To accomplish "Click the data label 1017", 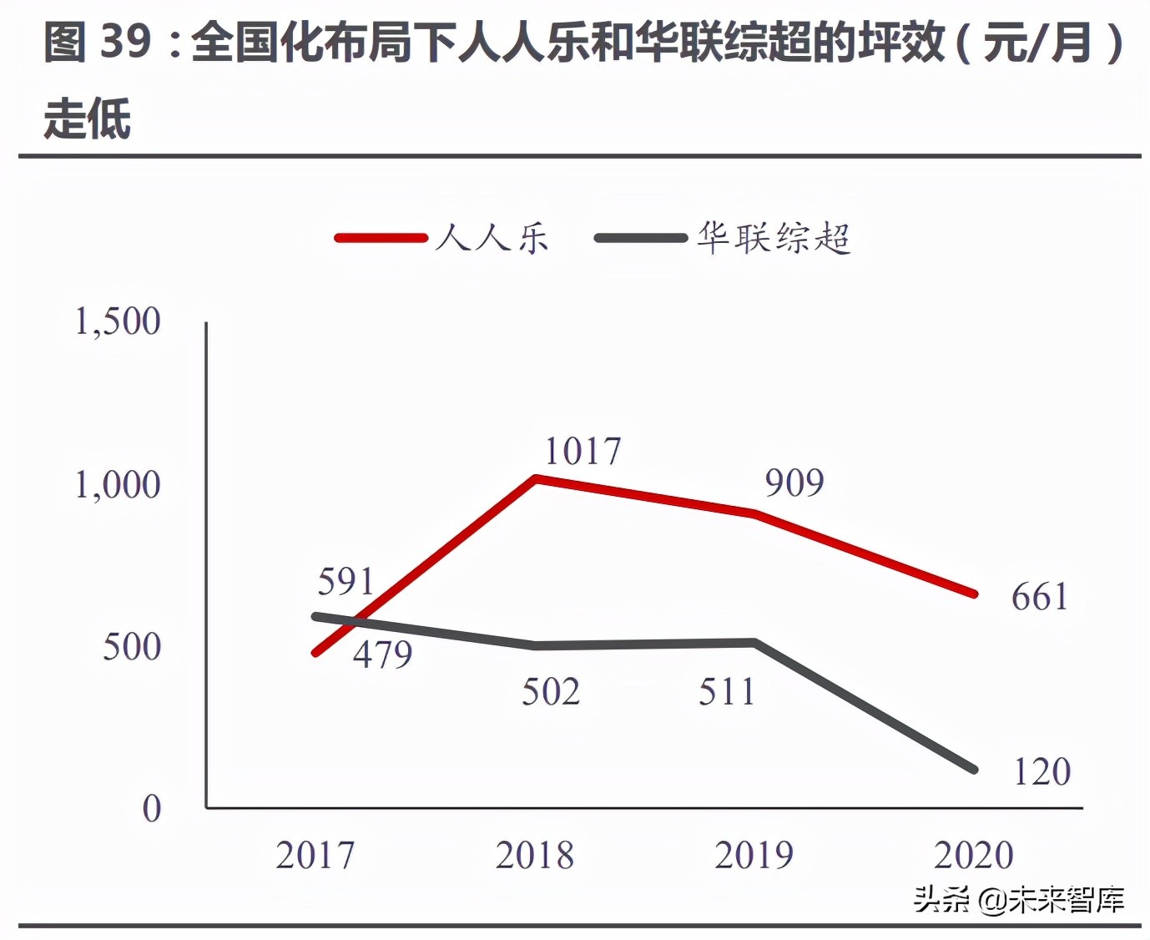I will (x=583, y=452).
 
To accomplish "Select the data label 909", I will (x=794, y=483).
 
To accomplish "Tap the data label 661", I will (x=1040, y=597).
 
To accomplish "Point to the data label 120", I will (x=1042, y=771).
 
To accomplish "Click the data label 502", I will (x=551, y=691).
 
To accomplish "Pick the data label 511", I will (x=727, y=691).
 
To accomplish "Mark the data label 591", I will (x=346, y=581).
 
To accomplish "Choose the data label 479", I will (x=382, y=654).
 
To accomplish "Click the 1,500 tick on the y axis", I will (x=118, y=321).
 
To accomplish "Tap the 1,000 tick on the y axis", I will (x=118, y=484).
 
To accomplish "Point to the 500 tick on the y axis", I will (x=131, y=646).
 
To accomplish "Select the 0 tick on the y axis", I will (x=151, y=808).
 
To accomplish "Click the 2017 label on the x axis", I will (x=315, y=855).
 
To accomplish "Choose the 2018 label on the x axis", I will (x=535, y=855).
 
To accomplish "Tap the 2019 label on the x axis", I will (x=754, y=855).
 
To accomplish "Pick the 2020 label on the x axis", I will (x=974, y=855).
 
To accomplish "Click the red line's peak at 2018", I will (x=536, y=478).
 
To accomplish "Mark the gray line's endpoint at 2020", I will (x=974, y=769).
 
